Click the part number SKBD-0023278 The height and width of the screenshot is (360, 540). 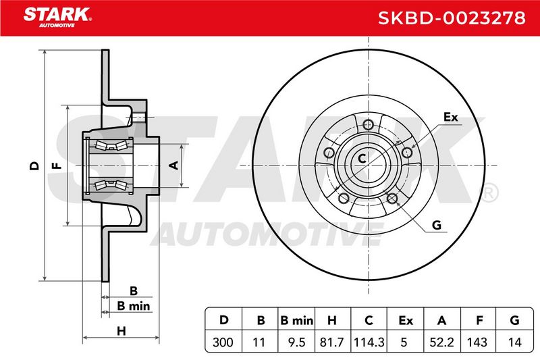tap(452, 18)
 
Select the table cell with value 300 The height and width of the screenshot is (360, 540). tap(223, 342)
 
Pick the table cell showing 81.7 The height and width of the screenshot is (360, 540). tap(331, 342)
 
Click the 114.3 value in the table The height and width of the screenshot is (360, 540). tap(369, 342)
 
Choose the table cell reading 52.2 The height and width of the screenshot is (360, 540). tap(442, 342)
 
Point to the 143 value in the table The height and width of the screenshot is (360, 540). tap(477, 342)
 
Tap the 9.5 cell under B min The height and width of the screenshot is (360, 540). tap(296, 342)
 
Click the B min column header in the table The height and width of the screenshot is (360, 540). tap(296, 320)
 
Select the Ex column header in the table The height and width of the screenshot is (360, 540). tap(406, 320)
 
